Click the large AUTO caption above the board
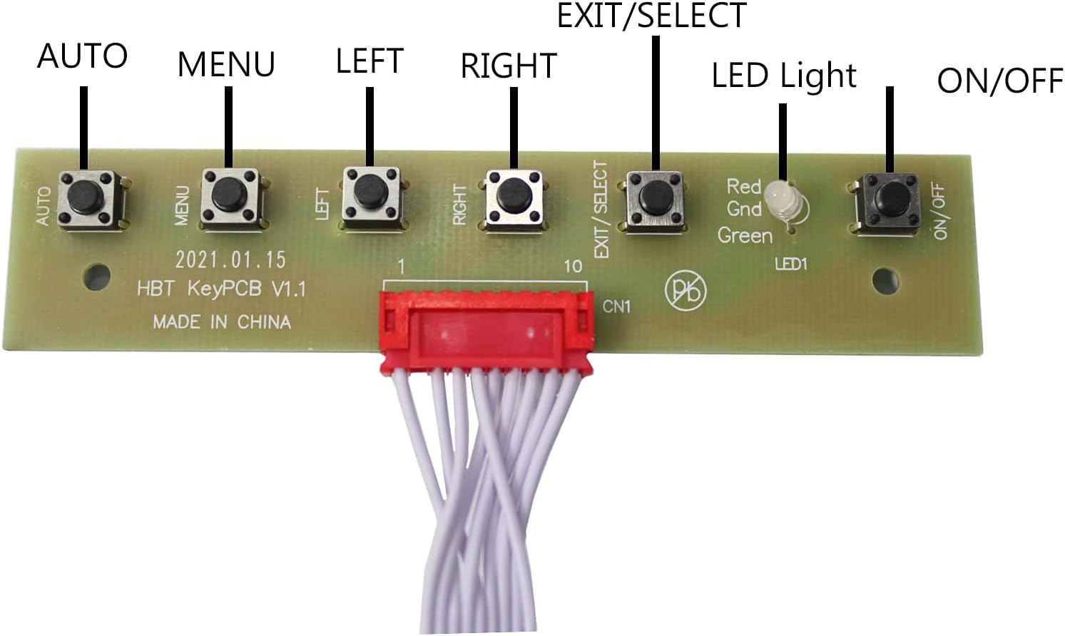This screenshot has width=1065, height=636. pyautogui.click(x=82, y=56)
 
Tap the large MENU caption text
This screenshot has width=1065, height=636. pyautogui.click(x=226, y=64)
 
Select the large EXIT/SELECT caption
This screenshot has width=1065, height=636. pyautogui.click(x=651, y=16)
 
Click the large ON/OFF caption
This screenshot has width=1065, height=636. pyautogui.click(x=999, y=81)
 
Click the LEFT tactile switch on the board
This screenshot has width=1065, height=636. pyautogui.click(x=371, y=193)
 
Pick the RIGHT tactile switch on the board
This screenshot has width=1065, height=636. pyautogui.click(x=514, y=194)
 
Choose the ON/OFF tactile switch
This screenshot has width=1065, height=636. pyautogui.click(x=888, y=196)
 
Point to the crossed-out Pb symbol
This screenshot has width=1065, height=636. pyautogui.click(x=686, y=289)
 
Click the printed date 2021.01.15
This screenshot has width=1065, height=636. pyautogui.click(x=230, y=259)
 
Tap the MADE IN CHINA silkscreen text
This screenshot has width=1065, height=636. pyautogui.click(x=222, y=322)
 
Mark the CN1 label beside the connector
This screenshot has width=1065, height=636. pyautogui.click(x=616, y=307)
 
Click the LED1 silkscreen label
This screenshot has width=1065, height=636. pyautogui.click(x=790, y=265)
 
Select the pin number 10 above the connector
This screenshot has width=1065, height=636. pyautogui.click(x=573, y=267)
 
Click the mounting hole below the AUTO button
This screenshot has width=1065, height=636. pyautogui.click(x=97, y=277)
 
